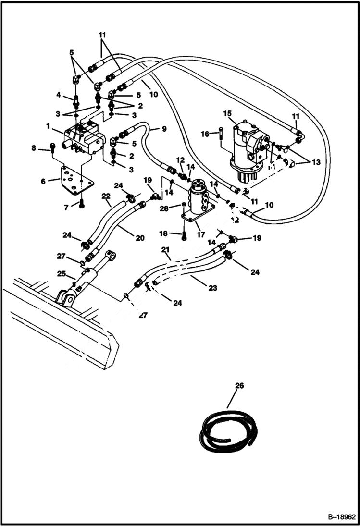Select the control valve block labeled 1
click(83, 138)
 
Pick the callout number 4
click(58, 95)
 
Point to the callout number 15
click(227, 113)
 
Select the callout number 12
click(180, 159)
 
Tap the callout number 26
click(240, 385)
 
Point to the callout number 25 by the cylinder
click(61, 273)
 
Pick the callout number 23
click(212, 288)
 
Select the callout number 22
click(106, 196)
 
